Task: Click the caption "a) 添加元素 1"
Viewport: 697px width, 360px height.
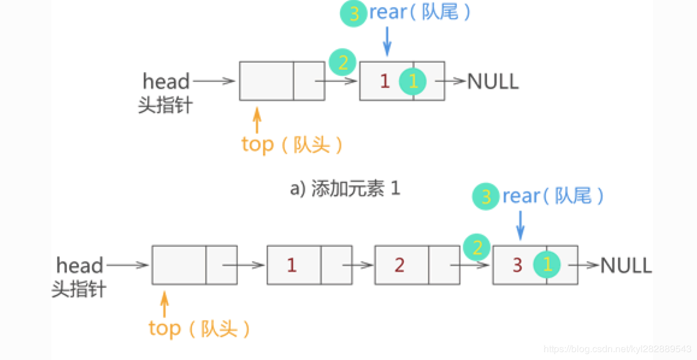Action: pyautogui.click(x=345, y=189)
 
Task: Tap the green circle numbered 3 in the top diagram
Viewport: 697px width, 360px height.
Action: pyautogui.click(x=354, y=13)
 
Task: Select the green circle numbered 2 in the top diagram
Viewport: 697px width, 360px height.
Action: pyautogui.click(x=342, y=61)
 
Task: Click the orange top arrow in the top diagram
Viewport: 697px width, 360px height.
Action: pyautogui.click(x=257, y=120)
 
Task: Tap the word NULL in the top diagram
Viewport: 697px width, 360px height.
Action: pyautogui.click(x=493, y=81)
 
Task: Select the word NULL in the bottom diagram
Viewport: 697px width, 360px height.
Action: pyautogui.click(x=626, y=265)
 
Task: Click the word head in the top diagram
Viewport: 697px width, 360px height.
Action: pyautogui.click(x=166, y=81)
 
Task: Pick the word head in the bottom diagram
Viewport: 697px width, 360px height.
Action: pyautogui.click(x=79, y=265)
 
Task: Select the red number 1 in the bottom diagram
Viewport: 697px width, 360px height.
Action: pyautogui.click(x=292, y=265)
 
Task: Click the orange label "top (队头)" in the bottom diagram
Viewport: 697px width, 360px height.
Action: pyautogui.click(x=199, y=329)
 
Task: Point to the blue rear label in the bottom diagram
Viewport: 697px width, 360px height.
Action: pyautogui.click(x=553, y=196)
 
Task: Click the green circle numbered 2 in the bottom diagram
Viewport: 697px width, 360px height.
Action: pyautogui.click(x=477, y=247)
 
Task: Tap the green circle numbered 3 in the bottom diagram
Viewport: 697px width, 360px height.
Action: pyautogui.click(x=486, y=196)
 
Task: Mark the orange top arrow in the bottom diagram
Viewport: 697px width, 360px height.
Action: pyautogui.click(x=164, y=303)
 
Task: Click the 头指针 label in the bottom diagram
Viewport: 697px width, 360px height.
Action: pyautogui.click(x=79, y=289)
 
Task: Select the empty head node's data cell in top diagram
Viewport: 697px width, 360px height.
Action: pyautogui.click(x=267, y=81)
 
